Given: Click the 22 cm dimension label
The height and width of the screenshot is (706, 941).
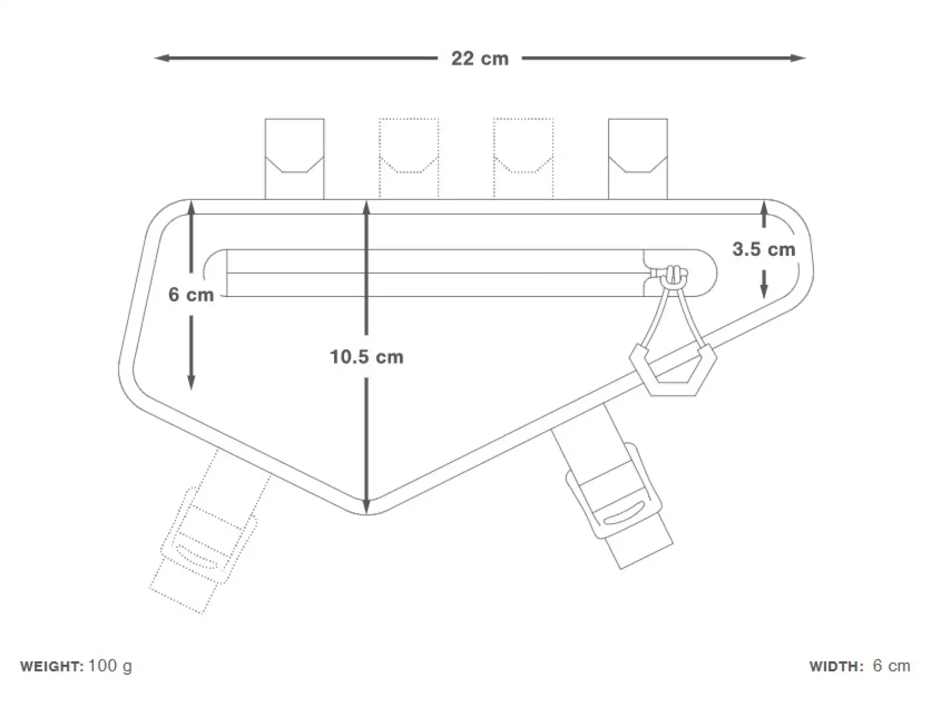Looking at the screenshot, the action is pyautogui.click(x=480, y=59).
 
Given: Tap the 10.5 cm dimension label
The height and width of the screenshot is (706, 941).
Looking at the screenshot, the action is pyautogui.click(x=366, y=357).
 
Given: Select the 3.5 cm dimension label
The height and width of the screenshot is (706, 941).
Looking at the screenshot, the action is pyautogui.click(x=763, y=249).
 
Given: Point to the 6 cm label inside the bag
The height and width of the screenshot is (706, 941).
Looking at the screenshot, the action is pyautogui.click(x=191, y=295).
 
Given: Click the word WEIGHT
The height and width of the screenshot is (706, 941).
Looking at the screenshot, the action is pyautogui.click(x=52, y=666).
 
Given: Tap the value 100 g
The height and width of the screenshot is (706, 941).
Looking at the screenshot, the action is pyautogui.click(x=110, y=667).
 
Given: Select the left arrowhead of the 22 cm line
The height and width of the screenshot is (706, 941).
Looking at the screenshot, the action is pyautogui.click(x=162, y=58).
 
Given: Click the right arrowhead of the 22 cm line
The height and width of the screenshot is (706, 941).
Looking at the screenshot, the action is pyautogui.click(x=798, y=58).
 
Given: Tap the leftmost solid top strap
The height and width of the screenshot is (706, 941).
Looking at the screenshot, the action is pyautogui.click(x=295, y=159).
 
